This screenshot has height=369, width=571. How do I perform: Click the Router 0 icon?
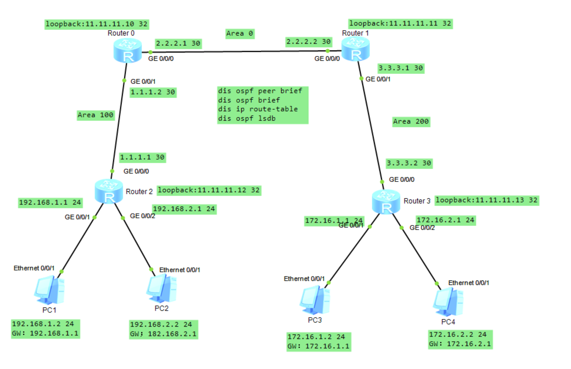click(x=127, y=51)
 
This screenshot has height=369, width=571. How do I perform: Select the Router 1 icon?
click(x=355, y=50)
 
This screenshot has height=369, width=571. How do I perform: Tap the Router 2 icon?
click(x=109, y=191)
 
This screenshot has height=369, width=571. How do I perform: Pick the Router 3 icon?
click(x=386, y=202)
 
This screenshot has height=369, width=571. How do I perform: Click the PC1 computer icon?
click(x=49, y=290)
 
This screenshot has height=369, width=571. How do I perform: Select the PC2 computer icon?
click(x=161, y=288)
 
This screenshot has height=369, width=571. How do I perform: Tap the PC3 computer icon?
click(x=314, y=300)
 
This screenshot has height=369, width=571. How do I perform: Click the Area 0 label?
click(x=240, y=34)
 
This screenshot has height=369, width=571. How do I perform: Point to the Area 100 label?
click(x=96, y=115)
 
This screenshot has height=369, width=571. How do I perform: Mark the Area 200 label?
click(x=411, y=122)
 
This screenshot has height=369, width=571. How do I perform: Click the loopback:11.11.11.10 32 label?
click(x=96, y=24)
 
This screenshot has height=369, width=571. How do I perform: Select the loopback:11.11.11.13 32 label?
click(x=486, y=200)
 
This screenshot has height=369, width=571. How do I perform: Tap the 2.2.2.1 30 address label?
click(x=178, y=43)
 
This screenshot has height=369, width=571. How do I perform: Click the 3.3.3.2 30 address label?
click(x=409, y=163)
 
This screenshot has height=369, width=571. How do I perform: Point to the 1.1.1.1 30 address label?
click(x=142, y=157)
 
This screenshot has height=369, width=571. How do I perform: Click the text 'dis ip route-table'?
click(x=258, y=109)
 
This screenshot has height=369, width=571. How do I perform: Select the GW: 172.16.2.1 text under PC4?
click(x=460, y=344)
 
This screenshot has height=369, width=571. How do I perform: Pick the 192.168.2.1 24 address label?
click(x=184, y=209)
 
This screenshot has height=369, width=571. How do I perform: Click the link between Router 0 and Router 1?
click(x=239, y=51)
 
